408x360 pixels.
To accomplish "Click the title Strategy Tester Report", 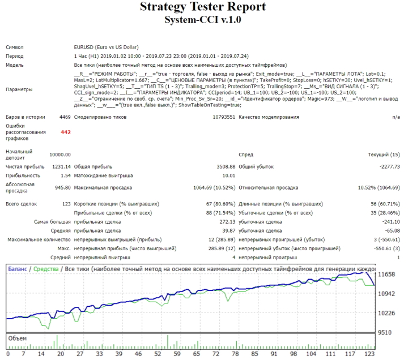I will coord(202,7).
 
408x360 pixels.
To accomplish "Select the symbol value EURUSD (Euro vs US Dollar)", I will coord(106,48).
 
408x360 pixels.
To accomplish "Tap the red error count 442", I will coord(65,132).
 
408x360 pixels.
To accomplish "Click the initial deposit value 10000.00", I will coord(59,155).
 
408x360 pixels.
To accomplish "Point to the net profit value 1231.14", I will coord(61,167).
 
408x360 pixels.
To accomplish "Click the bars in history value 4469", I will coord(65,117).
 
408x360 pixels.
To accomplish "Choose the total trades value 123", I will coord(66,203).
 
